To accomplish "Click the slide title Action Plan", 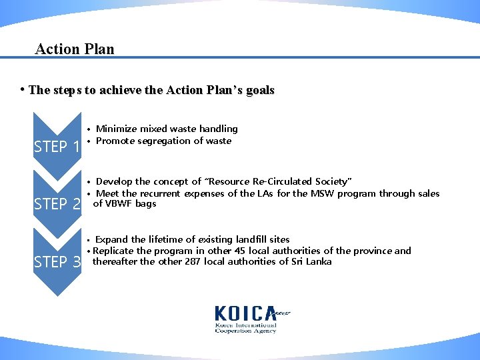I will [75, 49].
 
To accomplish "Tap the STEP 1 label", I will [57, 147].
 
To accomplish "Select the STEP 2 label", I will [57, 203].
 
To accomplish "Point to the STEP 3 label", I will [57, 262].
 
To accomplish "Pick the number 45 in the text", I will [241, 251].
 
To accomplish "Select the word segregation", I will [167, 141].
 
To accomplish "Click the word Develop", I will [114, 181].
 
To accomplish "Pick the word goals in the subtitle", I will [259, 90].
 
